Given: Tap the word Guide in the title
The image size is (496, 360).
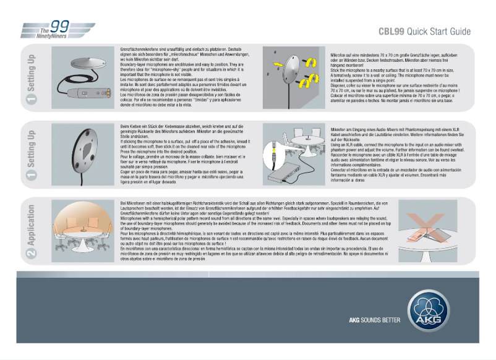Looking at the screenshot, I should click(458, 32).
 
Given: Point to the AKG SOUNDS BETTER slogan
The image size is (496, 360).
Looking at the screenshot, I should click(373, 320).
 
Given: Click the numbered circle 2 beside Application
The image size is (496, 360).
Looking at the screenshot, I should click(31, 252).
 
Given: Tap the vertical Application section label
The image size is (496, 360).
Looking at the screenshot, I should click(31, 225).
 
